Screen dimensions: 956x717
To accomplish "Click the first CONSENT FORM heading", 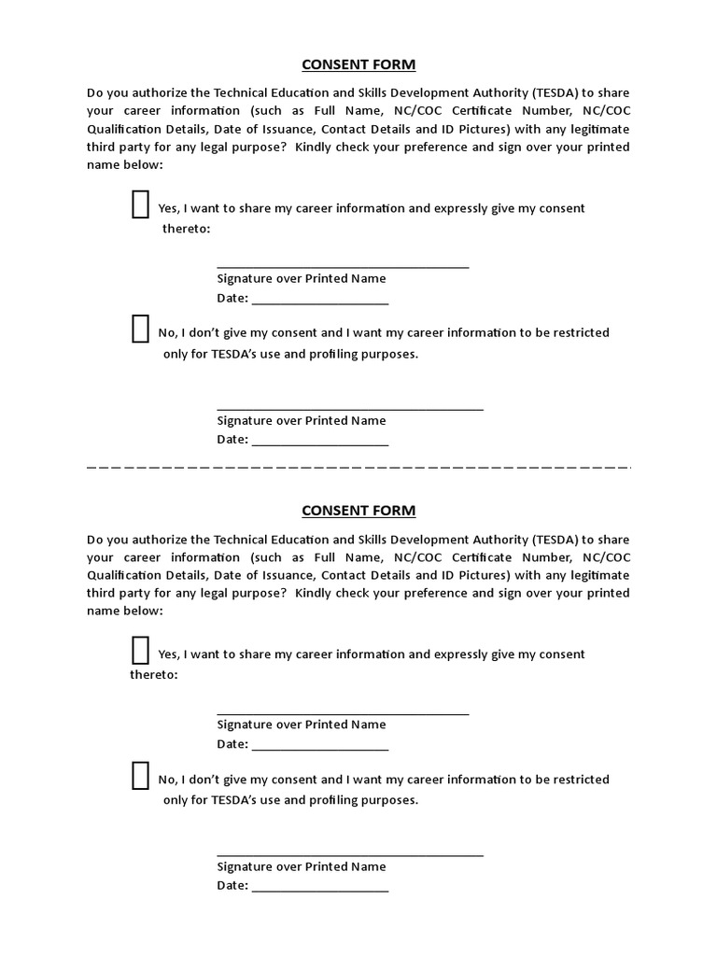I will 358,64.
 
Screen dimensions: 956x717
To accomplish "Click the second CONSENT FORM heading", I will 358,511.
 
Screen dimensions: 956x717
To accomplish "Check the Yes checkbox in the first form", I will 140,204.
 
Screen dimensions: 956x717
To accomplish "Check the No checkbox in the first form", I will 140,329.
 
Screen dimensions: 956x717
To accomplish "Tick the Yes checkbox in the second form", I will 140,650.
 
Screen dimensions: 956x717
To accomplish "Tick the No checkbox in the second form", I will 140,775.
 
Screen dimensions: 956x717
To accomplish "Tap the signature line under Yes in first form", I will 343,267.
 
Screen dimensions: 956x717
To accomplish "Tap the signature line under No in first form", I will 350,409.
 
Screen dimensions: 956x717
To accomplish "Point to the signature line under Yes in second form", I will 343,713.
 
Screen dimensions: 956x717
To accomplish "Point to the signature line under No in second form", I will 350,854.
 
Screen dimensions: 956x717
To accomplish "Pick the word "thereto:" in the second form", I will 153,674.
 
